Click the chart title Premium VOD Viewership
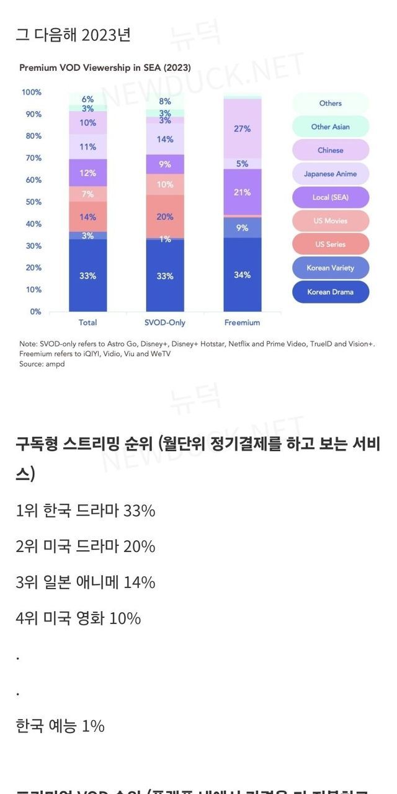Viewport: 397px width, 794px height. pyautogui.click(x=105, y=68)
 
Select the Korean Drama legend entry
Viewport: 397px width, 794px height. pyautogui.click(x=330, y=292)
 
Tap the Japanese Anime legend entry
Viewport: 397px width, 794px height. pyautogui.click(x=330, y=174)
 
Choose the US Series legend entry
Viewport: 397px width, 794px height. pyautogui.click(x=330, y=244)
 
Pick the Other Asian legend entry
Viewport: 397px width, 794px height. pyautogui.click(x=330, y=127)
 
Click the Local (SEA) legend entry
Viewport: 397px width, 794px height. pyautogui.click(x=330, y=197)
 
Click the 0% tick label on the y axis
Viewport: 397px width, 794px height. pyautogui.click(x=35, y=311)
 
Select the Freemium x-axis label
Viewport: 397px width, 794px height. pyautogui.click(x=243, y=323)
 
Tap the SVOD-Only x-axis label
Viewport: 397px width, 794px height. pyautogui.click(x=165, y=323)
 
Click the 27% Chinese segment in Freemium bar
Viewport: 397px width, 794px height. pyautogui.click(x=243, y=128)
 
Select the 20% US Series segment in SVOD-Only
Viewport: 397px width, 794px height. pyautogui.click(x=165, y=216)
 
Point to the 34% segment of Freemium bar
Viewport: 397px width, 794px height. pyautogui.click(x=243, y=275)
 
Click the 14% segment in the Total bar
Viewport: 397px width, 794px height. pyautogui.click(x=87, y=216)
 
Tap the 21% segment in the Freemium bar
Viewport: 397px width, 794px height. pyautogui.click(x=243, y=192)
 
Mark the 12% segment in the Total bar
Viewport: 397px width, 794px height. pyautogui.click(x=87, y=173)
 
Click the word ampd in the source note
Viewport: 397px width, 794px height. pyautogui.click(x=56, y=364)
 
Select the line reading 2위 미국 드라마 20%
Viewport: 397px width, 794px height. pyautogui.click(x=86, y=546)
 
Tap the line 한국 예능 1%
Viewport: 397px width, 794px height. pyautogui.click(x=60, y=726)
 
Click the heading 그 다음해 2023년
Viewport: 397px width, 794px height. pyautogui.click(x=73, y=35)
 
